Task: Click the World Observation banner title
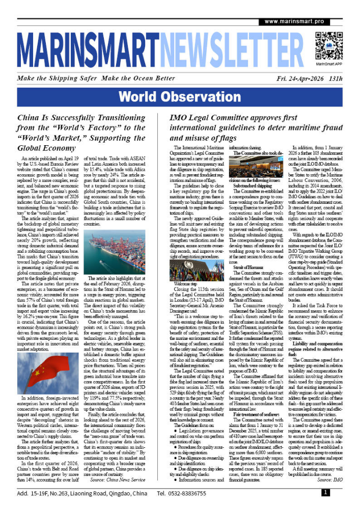point(180,97)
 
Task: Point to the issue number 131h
point(336,79)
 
